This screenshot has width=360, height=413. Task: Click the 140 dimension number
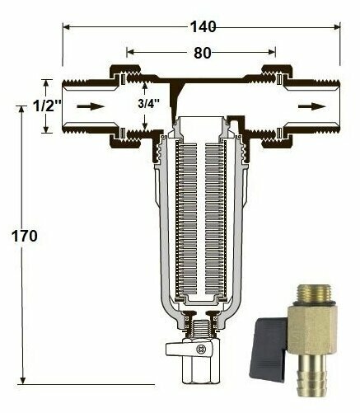click(x=203, y=27)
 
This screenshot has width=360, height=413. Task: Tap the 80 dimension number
click(x=203, y=53)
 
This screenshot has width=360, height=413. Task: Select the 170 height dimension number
click(x=25, y=236)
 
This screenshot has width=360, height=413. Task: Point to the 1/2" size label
click(x=47, y=106)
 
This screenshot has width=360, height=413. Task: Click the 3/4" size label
click(x=148, y=104)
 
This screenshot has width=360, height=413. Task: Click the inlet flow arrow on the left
click(x=91, y=106)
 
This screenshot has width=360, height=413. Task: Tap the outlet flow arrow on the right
click(x=312, y=106)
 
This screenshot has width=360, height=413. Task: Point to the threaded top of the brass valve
click(x=315, y=293)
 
